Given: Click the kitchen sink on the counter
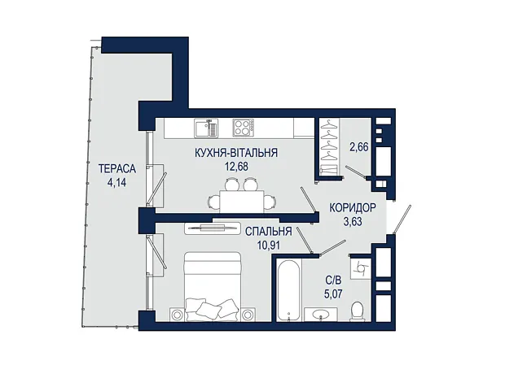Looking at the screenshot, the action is tap(206, 128).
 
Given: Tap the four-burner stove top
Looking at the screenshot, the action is tap(244, 128).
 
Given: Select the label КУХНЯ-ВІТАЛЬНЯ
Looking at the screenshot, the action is tap(236, 153).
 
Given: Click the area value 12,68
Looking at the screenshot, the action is tap(236, 167).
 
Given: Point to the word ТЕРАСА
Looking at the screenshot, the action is tap(117, 169).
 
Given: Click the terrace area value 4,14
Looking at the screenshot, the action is tap(117, 183).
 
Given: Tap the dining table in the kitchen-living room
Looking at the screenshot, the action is tap(242, 202).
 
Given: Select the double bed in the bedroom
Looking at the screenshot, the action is tap(213, 286).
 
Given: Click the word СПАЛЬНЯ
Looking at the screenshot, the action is tap(268, 232).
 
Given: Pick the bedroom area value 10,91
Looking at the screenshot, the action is tap(269, 246).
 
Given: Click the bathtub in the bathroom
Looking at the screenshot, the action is tap(289, 289).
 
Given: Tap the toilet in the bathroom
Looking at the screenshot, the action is tap(358, 311).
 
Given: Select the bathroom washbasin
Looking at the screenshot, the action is tap(321, 314).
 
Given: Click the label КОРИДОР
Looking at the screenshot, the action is tap(353, 208).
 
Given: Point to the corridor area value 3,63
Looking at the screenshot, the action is tap(353, 222).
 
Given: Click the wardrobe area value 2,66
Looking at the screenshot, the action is tap(359, 147).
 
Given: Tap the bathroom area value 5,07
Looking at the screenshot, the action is tap(333, 294).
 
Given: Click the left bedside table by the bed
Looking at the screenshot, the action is tap(177, 314).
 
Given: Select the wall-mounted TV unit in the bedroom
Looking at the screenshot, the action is tap(213, 228).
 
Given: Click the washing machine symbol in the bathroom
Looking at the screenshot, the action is tap(361, 267).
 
